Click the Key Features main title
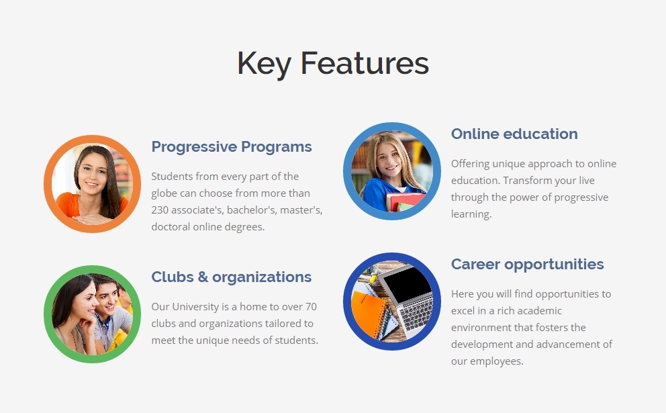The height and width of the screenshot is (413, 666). click(333, 63)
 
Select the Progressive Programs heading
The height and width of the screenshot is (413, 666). click(232, 147)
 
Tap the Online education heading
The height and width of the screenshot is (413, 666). click(514, 134)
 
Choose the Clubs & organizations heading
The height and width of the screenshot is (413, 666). click(232, 277)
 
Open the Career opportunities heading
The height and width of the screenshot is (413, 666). click(527, 265)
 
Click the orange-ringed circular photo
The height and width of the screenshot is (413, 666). click(92, 184)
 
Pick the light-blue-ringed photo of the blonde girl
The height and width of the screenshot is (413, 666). click(392, 171)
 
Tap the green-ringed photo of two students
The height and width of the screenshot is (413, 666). click(92, 314)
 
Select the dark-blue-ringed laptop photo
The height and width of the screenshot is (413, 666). click(392, 302)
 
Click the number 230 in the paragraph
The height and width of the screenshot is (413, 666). click(160, 210)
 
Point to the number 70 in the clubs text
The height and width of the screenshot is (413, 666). click(311, 307)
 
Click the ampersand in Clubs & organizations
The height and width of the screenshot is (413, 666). click(203, 277)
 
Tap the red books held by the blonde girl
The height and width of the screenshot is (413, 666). click(406, 201)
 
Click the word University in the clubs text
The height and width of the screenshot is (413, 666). click(195, 307)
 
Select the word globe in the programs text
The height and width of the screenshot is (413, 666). click(164, 193)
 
